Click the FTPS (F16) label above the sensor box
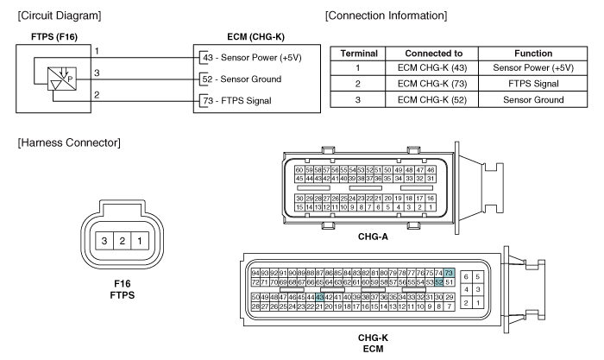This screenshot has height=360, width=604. (42, 37)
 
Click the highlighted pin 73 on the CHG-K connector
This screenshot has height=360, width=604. (448, 273)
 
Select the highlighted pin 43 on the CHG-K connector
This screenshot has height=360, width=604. (320, 296)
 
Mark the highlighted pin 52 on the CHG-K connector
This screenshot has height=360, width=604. (438, 281)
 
